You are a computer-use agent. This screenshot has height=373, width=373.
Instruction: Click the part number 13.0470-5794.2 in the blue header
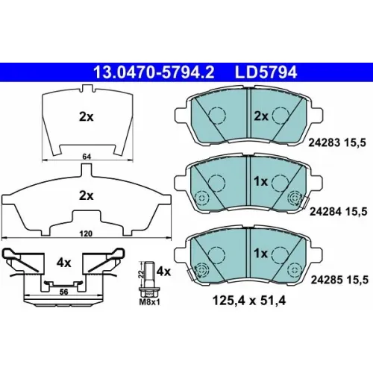[154, 72]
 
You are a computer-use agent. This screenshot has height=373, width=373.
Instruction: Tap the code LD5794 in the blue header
[266, 72]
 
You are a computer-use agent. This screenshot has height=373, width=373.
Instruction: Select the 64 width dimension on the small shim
[87, 157]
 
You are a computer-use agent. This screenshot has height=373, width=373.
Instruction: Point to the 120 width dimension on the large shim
[86, 233]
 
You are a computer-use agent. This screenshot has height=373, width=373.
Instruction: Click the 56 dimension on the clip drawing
[64, 292]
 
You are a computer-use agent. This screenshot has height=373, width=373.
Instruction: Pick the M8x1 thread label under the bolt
[149, 302]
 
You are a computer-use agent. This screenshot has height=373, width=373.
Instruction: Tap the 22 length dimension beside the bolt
[141, 274]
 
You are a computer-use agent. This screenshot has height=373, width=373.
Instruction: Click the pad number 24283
[324, 142]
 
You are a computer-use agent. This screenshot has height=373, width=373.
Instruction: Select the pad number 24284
[325, 212]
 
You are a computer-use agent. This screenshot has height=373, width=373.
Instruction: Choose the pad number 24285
[326, 280]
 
